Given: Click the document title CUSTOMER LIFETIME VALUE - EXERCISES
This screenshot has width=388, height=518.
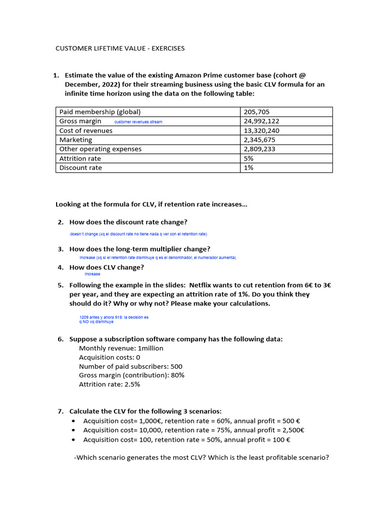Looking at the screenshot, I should pos(120,49).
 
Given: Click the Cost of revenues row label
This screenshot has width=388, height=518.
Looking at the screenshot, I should pos(86,131).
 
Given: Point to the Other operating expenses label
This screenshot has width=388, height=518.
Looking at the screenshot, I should pos(101,149).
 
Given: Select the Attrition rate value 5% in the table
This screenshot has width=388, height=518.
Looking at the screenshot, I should pos(249,158).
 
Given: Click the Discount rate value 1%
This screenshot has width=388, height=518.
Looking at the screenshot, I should pos(249,167).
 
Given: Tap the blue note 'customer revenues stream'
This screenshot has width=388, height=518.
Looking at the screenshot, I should pos(138,122).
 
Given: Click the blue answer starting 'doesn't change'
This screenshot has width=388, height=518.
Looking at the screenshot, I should pos(138,234).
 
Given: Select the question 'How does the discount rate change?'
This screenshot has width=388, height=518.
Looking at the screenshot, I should pos(128,222).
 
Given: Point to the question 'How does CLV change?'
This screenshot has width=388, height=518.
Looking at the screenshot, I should pos(107,267).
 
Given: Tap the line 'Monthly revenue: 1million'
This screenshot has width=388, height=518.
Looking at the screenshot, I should pos(121,348).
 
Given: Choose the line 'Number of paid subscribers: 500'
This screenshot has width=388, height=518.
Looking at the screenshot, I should pos(131,366).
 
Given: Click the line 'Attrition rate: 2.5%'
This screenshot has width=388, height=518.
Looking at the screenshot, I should pos(110,384).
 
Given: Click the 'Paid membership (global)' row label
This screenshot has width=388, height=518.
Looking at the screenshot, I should pos(100,112).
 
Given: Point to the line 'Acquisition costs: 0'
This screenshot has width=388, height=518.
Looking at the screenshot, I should pos(110,357).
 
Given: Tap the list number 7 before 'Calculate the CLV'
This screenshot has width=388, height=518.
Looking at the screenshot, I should pos(60,411).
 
